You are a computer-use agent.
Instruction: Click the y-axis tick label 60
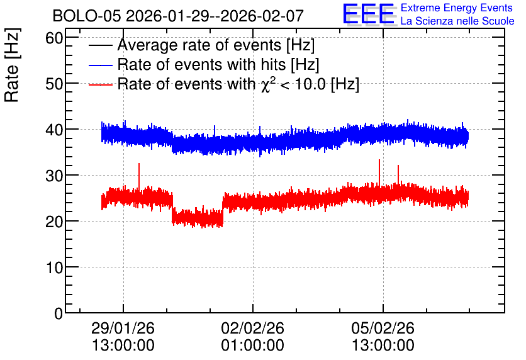(54, 38)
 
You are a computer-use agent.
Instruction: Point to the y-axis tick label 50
(54, 84)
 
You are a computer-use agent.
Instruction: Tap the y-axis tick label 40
(54, 130)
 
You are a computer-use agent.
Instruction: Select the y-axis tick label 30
(54, 176)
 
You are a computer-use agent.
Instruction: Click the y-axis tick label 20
(54, 222)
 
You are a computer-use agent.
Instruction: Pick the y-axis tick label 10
(54, 267)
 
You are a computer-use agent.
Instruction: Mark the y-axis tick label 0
(59, 313)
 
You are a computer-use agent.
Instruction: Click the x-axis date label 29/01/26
(123, 328)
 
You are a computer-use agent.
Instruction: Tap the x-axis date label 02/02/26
(252, 328)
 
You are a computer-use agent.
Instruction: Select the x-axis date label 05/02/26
(383, 328)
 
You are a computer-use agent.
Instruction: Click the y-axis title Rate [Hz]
(12, 65)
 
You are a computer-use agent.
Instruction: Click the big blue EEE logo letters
(368, 14)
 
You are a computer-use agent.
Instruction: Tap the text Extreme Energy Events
(457, 8)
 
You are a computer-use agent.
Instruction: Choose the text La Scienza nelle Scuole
(457, 21)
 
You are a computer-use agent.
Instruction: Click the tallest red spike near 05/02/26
(379, 173)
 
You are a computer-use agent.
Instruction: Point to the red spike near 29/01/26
(139, 176)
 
